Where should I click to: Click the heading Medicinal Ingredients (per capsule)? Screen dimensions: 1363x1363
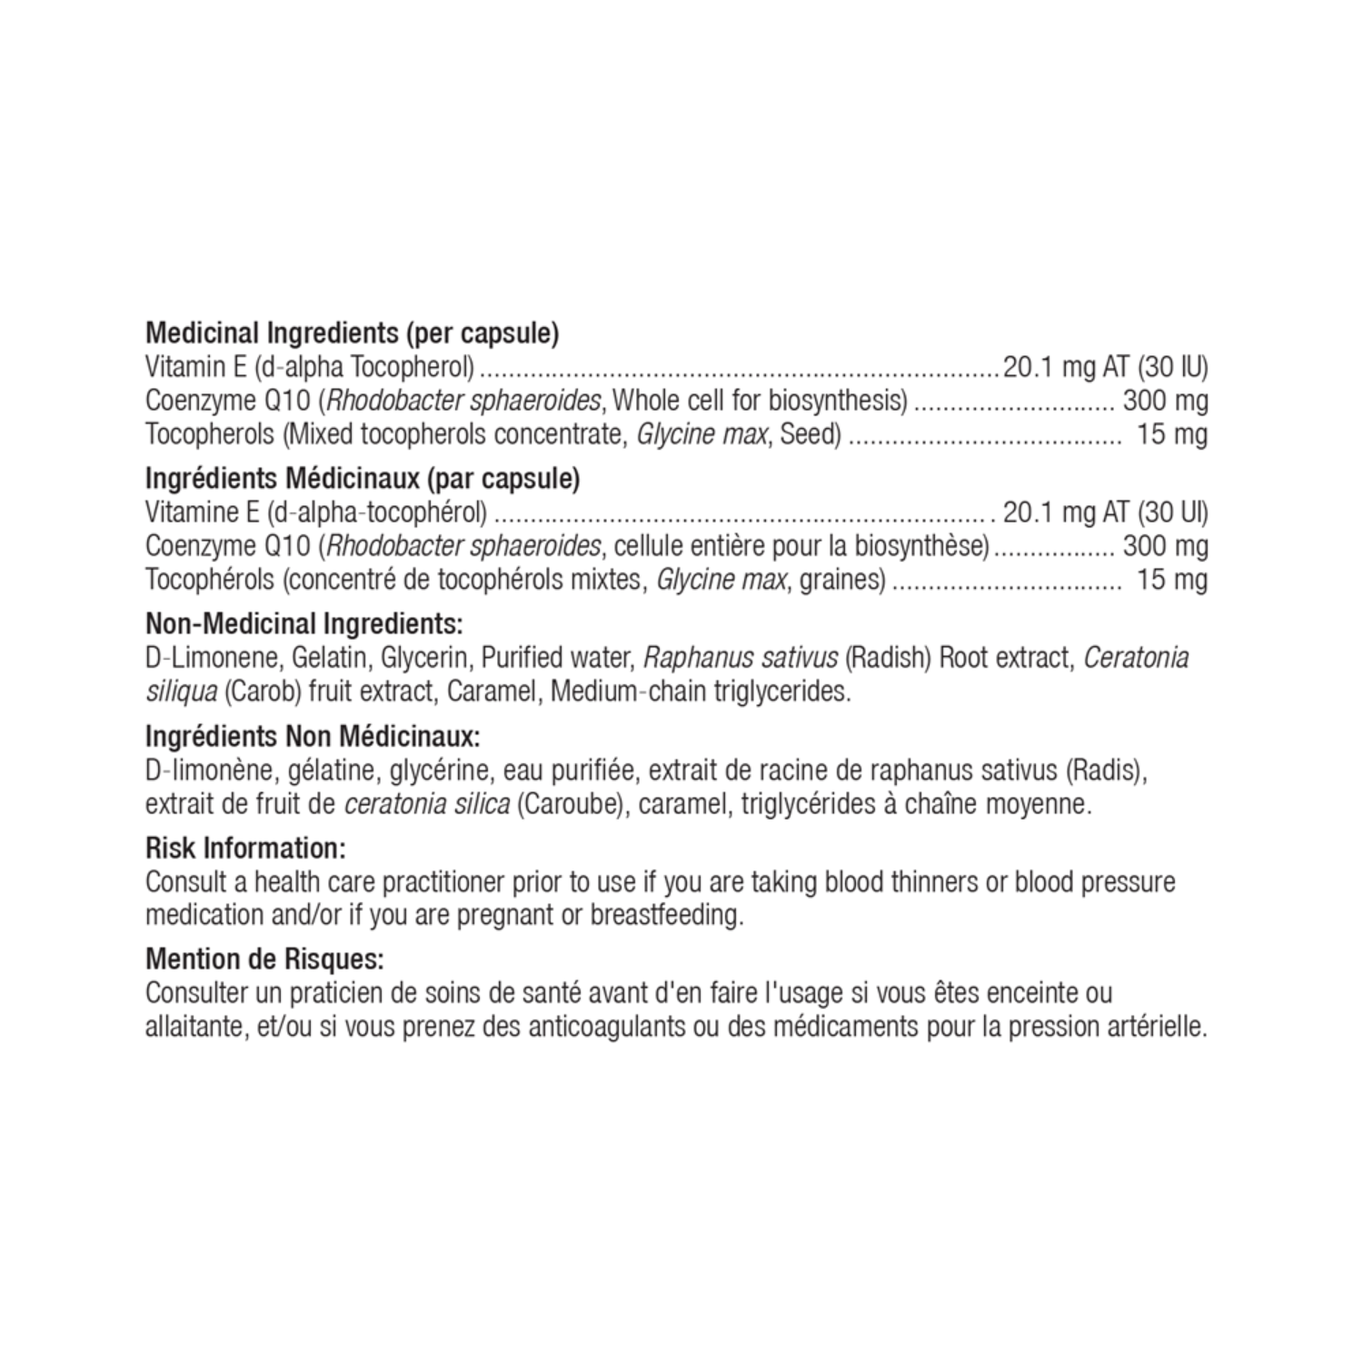coord(352,333)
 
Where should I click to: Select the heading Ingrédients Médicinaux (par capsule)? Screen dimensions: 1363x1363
coord(363,479)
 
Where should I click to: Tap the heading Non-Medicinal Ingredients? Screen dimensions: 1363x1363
coord(304,624)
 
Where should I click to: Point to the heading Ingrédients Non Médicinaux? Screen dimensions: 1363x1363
coord(313,735)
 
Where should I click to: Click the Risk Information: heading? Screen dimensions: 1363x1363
coord(245,849)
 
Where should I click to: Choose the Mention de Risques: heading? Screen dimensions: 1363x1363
coord(264,960)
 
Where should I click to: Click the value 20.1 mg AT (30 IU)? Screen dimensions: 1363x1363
coord(1105,367)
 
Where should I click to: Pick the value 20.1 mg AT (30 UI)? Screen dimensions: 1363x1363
coord(1105,512)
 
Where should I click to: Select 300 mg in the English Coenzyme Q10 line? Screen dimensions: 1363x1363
coord(1165,401)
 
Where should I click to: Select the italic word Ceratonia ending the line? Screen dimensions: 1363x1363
coord(1136,657)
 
